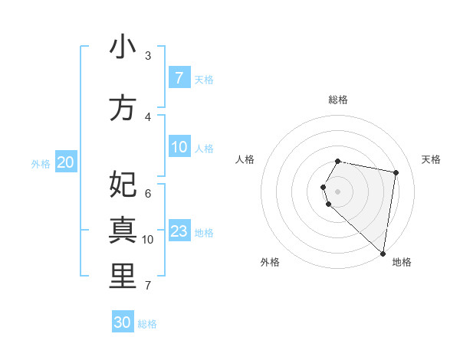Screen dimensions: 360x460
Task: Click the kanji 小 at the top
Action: point(123,47)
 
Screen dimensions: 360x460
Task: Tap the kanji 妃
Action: point(123,184)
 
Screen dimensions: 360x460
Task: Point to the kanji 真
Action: point(123,230)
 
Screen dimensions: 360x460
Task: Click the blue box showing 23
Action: point(179,231)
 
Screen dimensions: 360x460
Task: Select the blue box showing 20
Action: point(66,162)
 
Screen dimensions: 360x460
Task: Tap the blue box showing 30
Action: point(123,322)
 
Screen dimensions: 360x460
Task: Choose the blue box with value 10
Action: point(179,147)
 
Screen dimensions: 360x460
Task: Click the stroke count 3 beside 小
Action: point(148,55)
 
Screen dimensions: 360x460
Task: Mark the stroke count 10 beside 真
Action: point(148,240)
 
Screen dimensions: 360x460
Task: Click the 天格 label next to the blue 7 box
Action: point(204,79)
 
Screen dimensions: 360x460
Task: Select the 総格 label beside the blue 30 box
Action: point(147,324)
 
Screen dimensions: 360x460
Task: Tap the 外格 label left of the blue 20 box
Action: point(41,163)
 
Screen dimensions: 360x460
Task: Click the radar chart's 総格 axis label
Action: point(338,100)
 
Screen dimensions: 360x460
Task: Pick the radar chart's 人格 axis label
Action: point(245,159)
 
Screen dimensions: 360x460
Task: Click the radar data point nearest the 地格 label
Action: point(383,253)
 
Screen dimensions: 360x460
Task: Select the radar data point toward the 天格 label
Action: point(396,172)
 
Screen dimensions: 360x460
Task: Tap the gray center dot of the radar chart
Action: point(338,191)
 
